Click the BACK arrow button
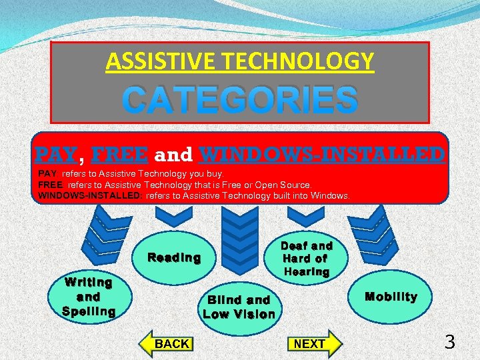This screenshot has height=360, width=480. click(x=167, y=343)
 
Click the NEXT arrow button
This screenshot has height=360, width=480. click(x=313, y=343)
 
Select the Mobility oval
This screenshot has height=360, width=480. click(x=391, y=297)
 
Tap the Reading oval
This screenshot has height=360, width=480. click(x=174, y=258)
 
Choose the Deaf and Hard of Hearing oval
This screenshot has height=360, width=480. click(x=307, y=259)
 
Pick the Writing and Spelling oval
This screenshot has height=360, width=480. click(x=89, y=297)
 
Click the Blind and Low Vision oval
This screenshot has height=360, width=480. click(x=239, y=307)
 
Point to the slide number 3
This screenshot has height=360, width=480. click(x=450, y=343)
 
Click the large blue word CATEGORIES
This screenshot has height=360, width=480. click(x=240, y=101)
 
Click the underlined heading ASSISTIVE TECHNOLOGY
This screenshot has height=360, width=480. click(x=240, y=62)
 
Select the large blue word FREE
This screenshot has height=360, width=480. click(x=119, y=155)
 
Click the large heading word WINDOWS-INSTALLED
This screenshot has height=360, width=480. click(x=322, y=155)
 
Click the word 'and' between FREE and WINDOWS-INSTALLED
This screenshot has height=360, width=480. click(x=173, y=155)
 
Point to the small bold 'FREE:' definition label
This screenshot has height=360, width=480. click(x=49, y=185)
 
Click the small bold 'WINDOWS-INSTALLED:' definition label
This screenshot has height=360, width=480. click(x=90, y=195)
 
